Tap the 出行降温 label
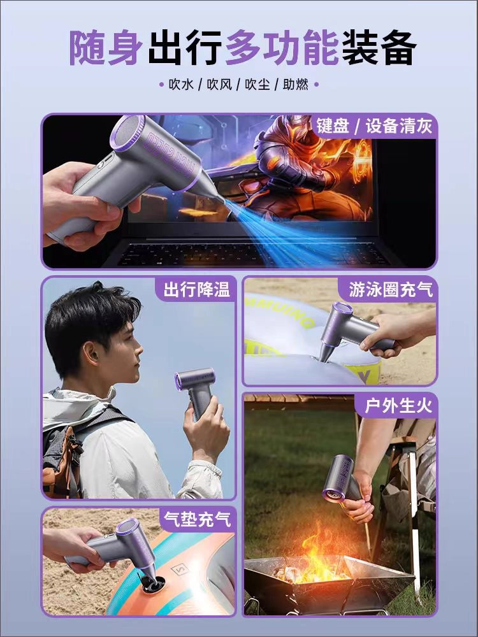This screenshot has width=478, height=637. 197,290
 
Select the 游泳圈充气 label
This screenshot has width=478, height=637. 391,290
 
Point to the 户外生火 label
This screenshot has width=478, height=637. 398,405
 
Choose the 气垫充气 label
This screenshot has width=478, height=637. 197,519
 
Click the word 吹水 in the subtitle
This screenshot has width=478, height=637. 181,85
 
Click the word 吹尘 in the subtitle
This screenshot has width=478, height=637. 257,85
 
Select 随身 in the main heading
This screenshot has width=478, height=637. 106,47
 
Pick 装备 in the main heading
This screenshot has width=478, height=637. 379,47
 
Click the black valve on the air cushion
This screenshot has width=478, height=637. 152,582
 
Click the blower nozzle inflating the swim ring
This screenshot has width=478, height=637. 326,352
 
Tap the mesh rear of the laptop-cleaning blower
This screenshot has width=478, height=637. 127,133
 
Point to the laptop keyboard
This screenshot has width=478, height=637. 252,254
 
